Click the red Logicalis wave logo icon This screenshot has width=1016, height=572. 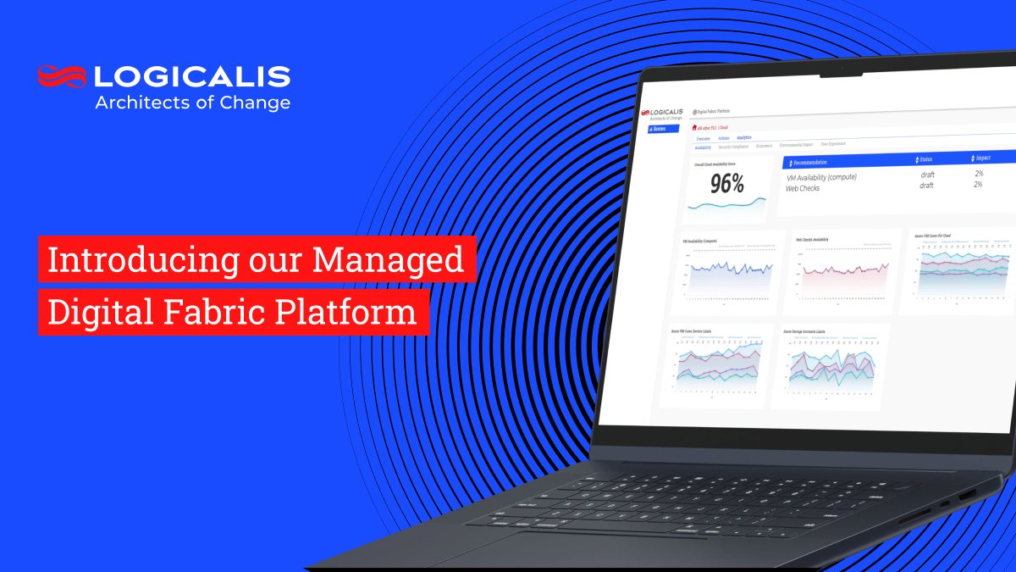point(62,76)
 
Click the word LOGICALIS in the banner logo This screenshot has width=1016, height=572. point(192,76)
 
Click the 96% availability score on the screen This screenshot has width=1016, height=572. point(726,183)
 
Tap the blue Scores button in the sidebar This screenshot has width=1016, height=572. point(661,129)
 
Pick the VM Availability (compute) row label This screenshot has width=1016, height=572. point(821,177)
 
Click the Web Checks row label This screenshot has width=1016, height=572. point(803,188)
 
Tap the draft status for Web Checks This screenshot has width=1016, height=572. point(925,186)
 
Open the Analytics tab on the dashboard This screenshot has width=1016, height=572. point(744,137)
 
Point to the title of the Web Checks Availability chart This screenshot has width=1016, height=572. point(813,240)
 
